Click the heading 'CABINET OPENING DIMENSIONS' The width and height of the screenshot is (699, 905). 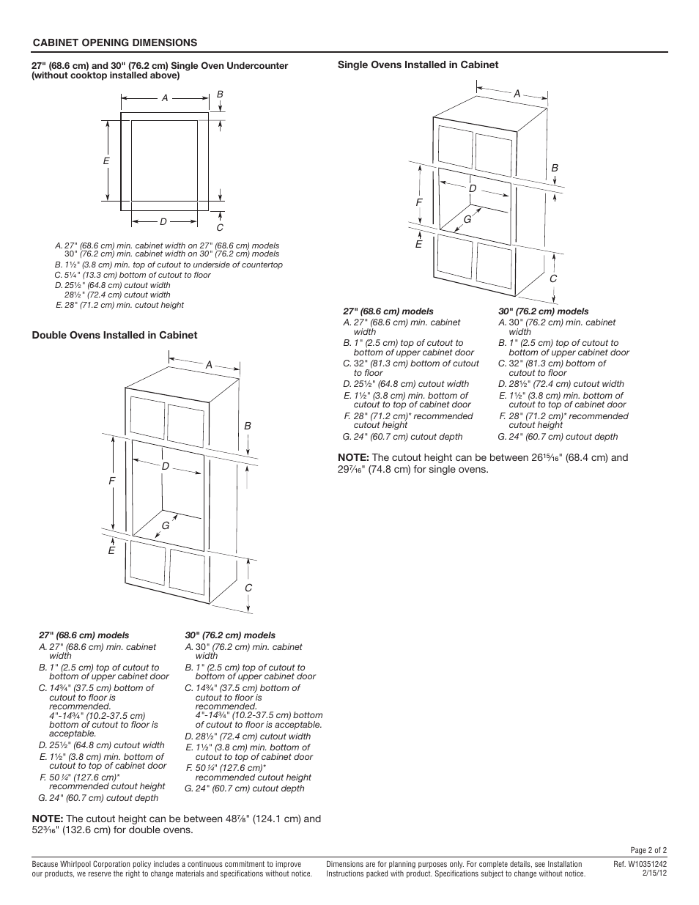[x=114, y=43]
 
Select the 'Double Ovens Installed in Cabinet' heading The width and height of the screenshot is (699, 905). [x=114, y=336]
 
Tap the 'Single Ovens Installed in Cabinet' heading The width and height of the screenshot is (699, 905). [x=418, y=65]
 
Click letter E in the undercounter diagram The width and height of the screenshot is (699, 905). [x=106, y=161]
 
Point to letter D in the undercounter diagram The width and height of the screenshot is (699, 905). [x=163, y=221]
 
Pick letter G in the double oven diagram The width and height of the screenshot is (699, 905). [x=166, y=525]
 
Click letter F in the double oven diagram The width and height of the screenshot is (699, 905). [x=112, y=481]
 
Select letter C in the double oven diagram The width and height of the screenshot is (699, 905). [x=248, y=588]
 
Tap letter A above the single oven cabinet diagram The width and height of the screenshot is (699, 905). [x=517, y=94]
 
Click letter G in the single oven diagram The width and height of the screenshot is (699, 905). [x=467, y=218]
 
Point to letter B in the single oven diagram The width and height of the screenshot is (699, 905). [x=555, y=169]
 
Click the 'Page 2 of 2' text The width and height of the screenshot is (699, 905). [x=648, y=851]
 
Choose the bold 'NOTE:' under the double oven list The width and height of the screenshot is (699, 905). [x=47, y=819]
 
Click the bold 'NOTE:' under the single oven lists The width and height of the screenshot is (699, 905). [x=353, y=458]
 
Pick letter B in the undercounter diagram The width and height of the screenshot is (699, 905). [x=219, y=95]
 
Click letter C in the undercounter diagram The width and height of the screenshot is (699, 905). [x=220, y=228]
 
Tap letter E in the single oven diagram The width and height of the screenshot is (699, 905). [x=419, y=245]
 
